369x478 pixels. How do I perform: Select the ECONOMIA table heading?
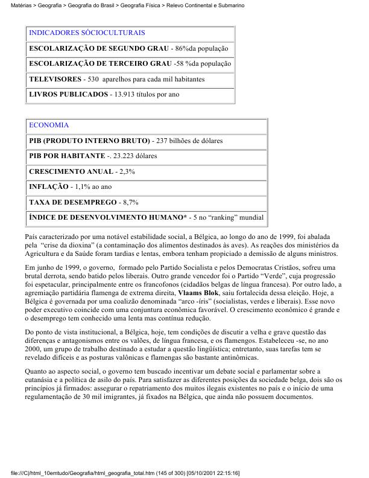(49, 126)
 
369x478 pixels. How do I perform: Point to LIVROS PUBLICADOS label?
(68, 95)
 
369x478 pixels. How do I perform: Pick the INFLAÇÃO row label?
(48, 186)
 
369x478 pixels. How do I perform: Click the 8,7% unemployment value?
(131, 202)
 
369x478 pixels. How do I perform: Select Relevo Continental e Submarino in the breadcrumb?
(208, 5)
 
